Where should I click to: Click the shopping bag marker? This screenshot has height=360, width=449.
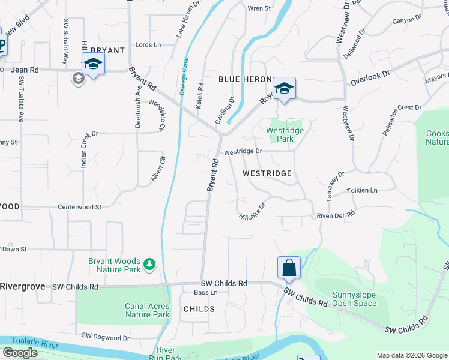[289, 268]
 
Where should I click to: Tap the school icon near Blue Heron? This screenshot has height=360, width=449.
[284, 88]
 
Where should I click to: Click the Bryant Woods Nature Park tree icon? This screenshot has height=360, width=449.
[149, 263]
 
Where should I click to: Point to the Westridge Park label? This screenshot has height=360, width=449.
[285, 134]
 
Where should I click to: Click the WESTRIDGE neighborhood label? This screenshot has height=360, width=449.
[267, 173]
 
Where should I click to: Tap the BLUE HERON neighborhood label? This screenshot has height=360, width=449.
[246, 79]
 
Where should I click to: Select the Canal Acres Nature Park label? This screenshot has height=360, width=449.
[147, 310]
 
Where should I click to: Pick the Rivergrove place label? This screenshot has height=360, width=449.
[22, 286]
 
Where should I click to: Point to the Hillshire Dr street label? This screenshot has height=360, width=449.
[252, 209]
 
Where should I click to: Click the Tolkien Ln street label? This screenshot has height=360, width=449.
[362, 191]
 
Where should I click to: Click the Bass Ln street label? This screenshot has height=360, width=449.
[205, 293]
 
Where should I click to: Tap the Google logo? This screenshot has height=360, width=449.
[20, 353]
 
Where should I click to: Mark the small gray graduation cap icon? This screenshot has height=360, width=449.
[78, 78]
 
